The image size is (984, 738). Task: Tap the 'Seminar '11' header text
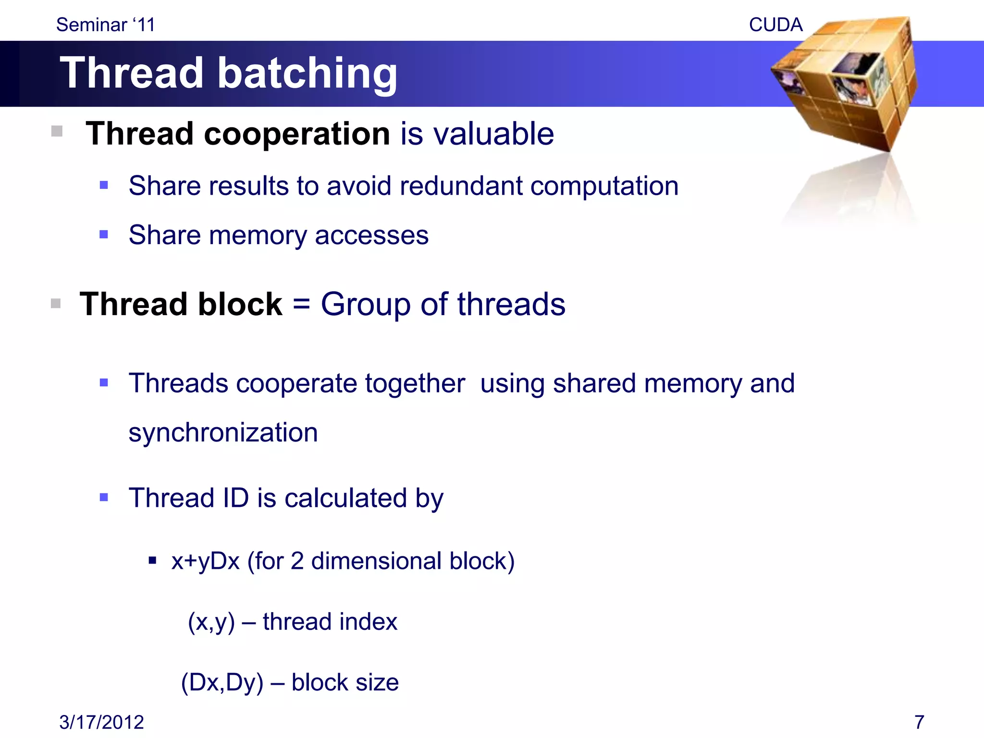[x=106, y=25]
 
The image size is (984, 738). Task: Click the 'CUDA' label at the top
[x=775, y=25]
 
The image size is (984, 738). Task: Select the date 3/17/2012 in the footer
[x=101, y=722]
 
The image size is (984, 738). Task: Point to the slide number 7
[x=919, y=722]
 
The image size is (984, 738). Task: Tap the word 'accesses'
[x=371, y=235]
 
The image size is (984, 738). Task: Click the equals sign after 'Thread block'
[x=301, y=305]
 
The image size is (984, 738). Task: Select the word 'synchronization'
[x=223, y=432]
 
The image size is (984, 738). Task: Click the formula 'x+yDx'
[x=206, y=561]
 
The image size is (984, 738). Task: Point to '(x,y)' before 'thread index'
[x=211, y=622]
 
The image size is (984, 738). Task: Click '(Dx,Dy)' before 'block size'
[x=222, y=682]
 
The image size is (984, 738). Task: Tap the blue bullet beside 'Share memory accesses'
[x=104, y=234]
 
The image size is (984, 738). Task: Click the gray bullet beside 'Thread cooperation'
[x=57, y=131]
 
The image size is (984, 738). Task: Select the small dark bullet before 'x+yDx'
[x=152, y=560]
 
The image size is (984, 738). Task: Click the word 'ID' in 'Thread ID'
[x=236, y=498]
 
